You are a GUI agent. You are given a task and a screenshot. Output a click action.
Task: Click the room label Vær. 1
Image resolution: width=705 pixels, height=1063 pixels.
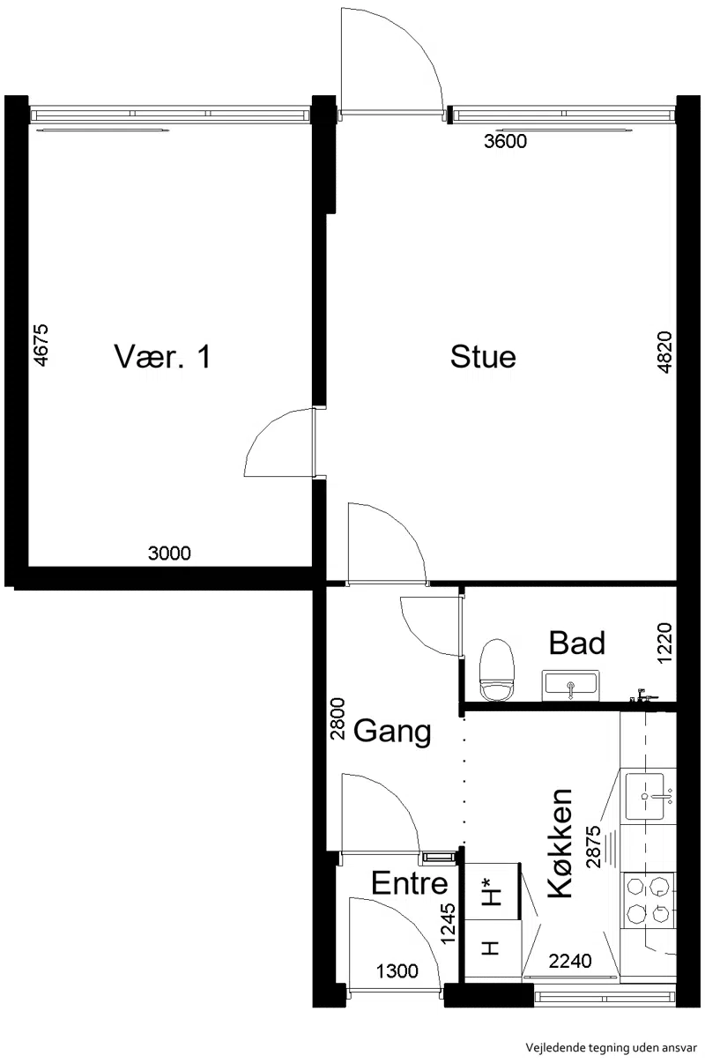[x=162, y=357]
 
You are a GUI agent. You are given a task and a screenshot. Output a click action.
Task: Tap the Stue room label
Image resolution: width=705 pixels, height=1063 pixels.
[x=483, y=357]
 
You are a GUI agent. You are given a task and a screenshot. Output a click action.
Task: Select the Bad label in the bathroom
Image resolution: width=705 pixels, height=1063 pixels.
[x=577, y=643]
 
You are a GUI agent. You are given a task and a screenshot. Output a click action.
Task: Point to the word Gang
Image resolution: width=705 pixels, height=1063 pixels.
[x=392, y=732]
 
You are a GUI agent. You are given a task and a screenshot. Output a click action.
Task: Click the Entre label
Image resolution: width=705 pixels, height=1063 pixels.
[x=410, y=883]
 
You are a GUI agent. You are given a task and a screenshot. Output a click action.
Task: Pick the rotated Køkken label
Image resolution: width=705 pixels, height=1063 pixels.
[x=560, y=843]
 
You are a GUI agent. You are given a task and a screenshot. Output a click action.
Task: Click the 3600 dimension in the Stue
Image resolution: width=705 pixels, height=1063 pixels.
[x=505, y=141]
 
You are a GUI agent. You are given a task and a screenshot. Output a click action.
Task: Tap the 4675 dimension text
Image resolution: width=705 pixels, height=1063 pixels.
[x=41, y=345]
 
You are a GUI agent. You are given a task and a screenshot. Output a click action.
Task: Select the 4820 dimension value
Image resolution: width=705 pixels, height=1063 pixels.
[x=665, y=352]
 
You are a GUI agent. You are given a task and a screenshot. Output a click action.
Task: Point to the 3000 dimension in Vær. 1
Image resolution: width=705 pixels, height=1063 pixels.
[x=169, y=554]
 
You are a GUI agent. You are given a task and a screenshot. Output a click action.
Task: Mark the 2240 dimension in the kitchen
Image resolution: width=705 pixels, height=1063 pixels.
[x=570, y=962]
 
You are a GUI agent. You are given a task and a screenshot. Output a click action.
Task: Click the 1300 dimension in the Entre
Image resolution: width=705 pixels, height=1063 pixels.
[x=397, y=971]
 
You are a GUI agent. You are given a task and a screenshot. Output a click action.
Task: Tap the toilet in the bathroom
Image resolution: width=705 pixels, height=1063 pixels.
[x=497, y=670]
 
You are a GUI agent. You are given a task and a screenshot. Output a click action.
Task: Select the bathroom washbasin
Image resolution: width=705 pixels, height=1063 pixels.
[x=571, y=685]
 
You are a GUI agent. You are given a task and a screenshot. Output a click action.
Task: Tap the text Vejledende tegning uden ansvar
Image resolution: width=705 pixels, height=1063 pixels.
[x=611, y=1047]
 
